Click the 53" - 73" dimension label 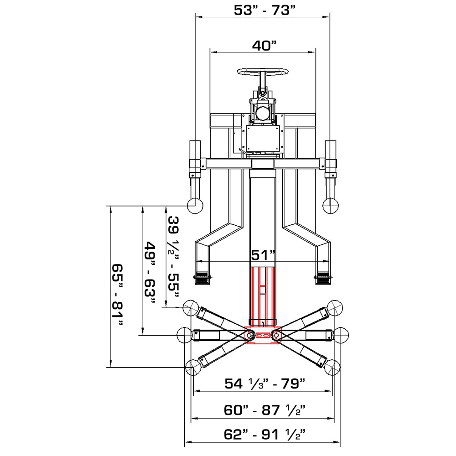tap(262, 10)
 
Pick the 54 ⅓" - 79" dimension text tap(264, 384)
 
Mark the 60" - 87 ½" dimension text tap(264, 410)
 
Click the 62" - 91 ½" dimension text tap(264, 435)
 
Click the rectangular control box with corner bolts tap(263, 139)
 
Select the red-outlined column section tap(262, 294)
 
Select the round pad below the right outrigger tap(331, 206)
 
